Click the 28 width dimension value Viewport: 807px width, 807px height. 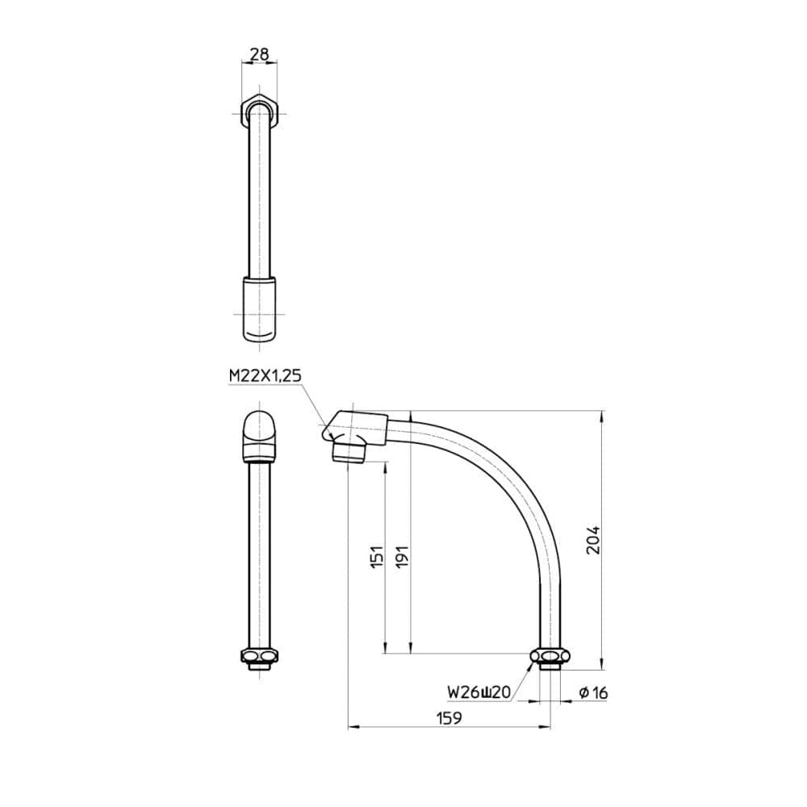(x=259, y=53)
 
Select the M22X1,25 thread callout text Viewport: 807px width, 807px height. (x=265, y=376)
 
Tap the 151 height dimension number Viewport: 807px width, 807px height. (x=377, y=557)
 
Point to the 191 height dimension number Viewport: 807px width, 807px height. (x=402, y=557)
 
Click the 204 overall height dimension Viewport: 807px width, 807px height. (x=593, y=540)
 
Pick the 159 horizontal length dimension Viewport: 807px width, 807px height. (x=449, y=717)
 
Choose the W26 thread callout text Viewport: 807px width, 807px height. (x=479, y=692)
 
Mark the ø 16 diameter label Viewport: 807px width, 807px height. (x=593, y=692)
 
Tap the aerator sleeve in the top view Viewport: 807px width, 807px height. (x=259, y=309)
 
